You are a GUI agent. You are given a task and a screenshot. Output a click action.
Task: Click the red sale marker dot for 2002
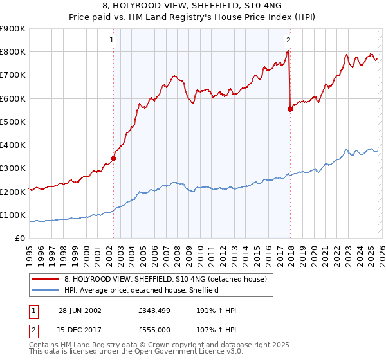[114, 157]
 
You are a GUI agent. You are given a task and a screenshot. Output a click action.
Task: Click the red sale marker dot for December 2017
[290, 109]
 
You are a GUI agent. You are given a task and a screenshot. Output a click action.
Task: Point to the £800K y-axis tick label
[13, 52]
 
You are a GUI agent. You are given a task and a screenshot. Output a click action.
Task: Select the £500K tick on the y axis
[13, 122]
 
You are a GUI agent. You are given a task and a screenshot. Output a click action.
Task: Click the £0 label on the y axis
[20, 238]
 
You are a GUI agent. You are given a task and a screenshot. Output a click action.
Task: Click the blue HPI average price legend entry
[141, 290]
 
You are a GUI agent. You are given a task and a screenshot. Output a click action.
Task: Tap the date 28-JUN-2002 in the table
[79, 310]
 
